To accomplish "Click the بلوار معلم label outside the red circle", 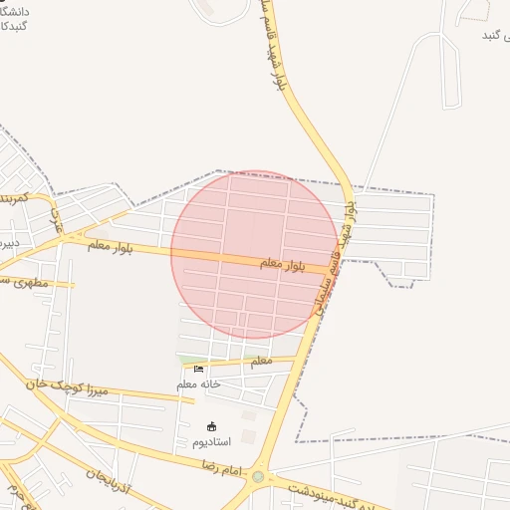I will (x=111, y=245).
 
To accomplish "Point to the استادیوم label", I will (x=212, y=440).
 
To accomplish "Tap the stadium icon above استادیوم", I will (x=211, y=426).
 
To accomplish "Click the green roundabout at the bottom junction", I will (x=259, y=477).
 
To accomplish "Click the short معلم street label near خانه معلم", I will (x=261, y=360).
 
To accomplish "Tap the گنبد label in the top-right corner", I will (x=495, y=36).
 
